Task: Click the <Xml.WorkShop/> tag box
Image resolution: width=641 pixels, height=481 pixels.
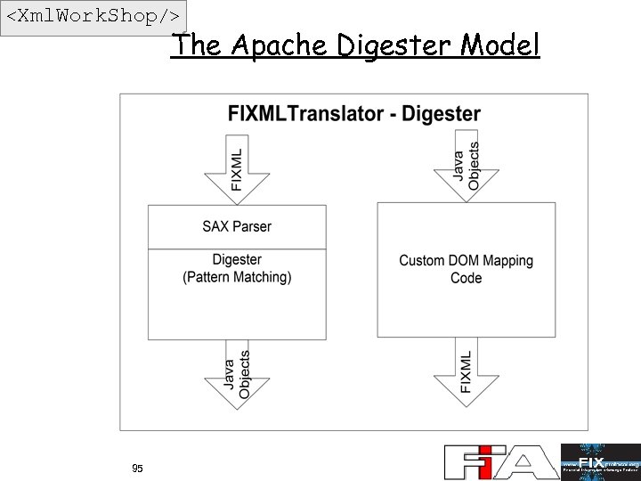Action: (x=94, y=18)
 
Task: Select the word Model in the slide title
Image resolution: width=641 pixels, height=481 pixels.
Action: (x=500, y=45)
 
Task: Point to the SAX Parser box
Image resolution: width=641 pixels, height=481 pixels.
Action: (x=237, y=226)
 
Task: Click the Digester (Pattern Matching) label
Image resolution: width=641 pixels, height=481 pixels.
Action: (x=237, y=268)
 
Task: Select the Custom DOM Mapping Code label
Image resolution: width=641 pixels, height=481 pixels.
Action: (x=466, y=269)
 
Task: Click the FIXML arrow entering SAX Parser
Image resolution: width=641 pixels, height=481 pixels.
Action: (x=237, y=170)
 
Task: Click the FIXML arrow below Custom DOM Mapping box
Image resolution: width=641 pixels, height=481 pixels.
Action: (x=466, y=371)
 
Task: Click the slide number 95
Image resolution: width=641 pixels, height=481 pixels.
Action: (x=137, y=469)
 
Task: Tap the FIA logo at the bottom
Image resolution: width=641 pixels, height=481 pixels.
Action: (x=500, y=462)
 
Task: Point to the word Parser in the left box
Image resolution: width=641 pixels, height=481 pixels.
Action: (x=252, y=226)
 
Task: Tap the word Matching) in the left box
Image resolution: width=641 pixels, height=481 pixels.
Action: (x=263, y=277)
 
